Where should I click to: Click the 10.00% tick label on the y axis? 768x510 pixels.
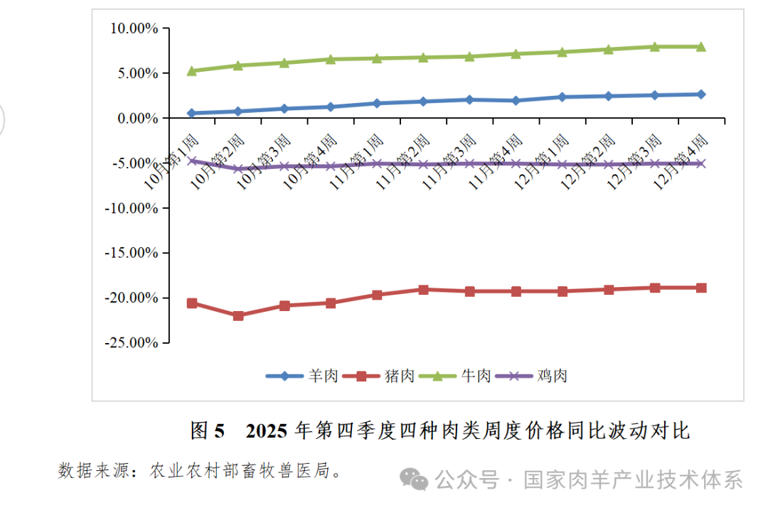click(x=134, y=28)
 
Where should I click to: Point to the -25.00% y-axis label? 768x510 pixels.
click(x=132, y=342)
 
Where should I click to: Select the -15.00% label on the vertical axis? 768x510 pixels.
click(x=132, y=253)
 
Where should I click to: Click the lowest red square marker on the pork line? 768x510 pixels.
click(x=238, y=315)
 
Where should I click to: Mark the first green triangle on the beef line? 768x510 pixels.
click(x=192, y=70)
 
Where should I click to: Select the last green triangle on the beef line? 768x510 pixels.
click(x=701, y=46)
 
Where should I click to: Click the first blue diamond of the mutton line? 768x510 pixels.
click(x=192, y=113)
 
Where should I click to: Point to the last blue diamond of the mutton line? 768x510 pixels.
click(x=701, y=94)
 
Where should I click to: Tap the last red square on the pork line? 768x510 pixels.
click(x=701, y=288)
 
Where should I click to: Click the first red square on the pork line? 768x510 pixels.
click(x=192, y=303)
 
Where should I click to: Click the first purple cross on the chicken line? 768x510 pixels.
click(x=192, y=161)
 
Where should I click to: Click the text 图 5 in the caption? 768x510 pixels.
click(x=208, y=430)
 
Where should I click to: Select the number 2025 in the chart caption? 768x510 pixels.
click(x=267, y=430)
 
